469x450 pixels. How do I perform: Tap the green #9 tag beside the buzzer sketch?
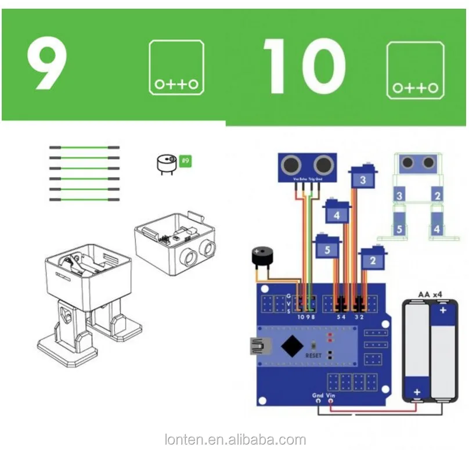tap(185, 160)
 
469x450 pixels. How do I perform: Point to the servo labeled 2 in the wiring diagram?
tap(373, 260)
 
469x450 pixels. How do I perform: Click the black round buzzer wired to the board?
tap(259, 258)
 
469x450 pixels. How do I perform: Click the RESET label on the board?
tap(313, 355)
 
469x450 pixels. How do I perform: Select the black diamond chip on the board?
tap(293, 346)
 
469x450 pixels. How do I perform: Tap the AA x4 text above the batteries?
tap(431, 296)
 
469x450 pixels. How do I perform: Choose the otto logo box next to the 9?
tap(176, 67)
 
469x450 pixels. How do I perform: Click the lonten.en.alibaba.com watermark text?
tap(234, 440)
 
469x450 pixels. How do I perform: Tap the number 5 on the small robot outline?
tap(399, 229)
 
